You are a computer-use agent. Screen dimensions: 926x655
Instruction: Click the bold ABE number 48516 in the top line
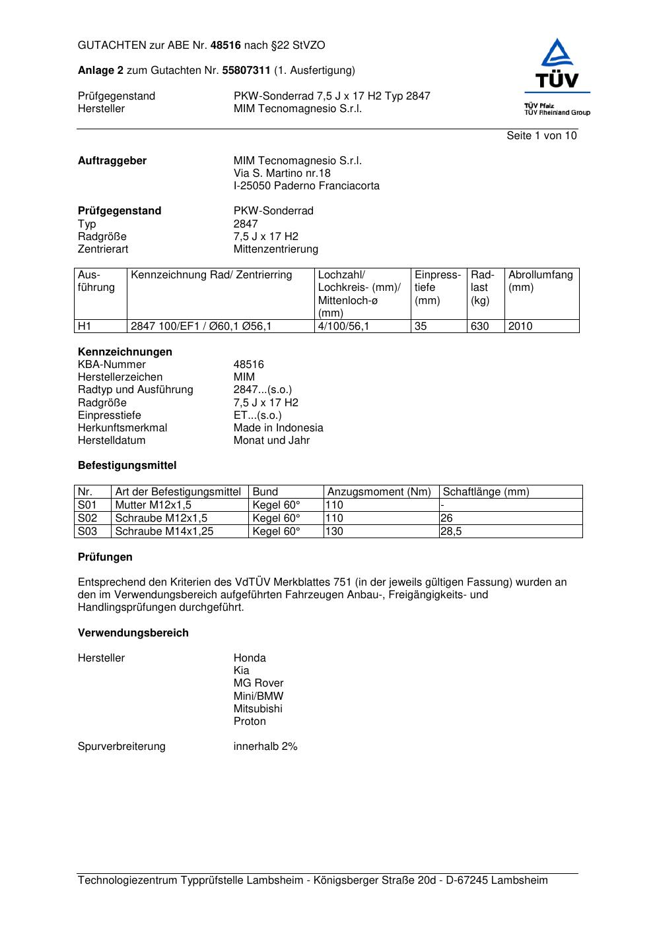pyautogui.click(x=226, y=46)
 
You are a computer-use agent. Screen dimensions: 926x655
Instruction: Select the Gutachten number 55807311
pyautogui.click(x=246, y=71)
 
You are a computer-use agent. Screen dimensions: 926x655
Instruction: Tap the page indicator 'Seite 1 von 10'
pyautogui.click(x=541, y=136)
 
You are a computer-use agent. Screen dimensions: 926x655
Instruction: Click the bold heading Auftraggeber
pyautogui.click(x=112, y=161)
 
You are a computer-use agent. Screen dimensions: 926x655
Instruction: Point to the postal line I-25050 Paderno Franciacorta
pyautogui.click(x=306, y=186)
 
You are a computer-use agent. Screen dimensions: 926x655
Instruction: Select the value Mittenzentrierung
pyautogui.click(x=275, y=249)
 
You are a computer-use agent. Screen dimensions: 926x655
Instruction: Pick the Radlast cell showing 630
pyautogui.click(x=479, y=326)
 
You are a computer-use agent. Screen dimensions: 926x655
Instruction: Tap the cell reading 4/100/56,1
pyautogui.click(x=343, y=326)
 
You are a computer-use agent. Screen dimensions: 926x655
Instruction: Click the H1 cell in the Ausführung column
pyautogui.click(x=85, y=326)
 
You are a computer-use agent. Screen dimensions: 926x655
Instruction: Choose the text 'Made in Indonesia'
pyautogui.click(x=278, y=428)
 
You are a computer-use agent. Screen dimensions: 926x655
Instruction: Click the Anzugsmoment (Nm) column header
pyautogui.click(x=379, y=492)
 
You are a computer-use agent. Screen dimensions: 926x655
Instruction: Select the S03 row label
pyautogui.click(x=87, y=532)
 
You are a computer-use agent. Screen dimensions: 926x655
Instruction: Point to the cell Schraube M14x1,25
pyautogui.click(x=164, y=532)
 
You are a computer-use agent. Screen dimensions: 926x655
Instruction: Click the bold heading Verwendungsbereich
pyautogui.click(x=133, y=633)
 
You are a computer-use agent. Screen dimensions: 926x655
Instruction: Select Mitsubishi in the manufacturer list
pyautogui.click(x=258, y=709)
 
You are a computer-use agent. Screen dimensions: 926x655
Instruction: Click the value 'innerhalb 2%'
pyautogui.click(x=265, y=747)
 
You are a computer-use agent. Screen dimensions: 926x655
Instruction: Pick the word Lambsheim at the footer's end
pyautogui.click(x=519, y=880)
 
